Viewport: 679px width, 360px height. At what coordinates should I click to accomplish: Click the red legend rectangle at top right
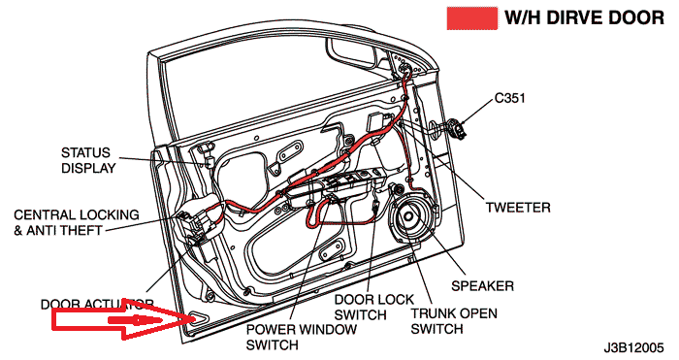point(472,18)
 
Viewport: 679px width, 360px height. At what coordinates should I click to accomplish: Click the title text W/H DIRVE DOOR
point(584,18)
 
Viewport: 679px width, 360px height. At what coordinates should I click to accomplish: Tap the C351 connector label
point(509,98)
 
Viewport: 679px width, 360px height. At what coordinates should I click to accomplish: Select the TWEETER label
point(518,208)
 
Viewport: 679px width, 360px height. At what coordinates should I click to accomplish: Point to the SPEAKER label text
point(482,286)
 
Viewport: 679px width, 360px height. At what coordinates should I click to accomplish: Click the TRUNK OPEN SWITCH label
point(454,321)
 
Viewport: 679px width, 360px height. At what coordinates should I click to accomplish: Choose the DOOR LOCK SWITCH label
point(374,308)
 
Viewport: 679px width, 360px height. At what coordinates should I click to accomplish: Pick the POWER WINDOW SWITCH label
point(302,337)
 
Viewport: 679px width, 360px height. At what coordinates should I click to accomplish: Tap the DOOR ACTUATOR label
point(97,304)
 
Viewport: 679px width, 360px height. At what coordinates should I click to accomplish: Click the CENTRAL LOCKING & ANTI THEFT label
point(77,222)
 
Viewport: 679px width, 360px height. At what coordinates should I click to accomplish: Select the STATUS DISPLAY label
point(89,160)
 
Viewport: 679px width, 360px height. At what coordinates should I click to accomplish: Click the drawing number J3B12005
point(633,347)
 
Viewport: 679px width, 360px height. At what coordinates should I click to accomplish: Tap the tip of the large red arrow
point(196,319)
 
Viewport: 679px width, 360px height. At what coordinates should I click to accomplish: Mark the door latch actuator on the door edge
point(194,225)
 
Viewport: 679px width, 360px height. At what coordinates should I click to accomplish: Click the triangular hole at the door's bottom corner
point(198,319)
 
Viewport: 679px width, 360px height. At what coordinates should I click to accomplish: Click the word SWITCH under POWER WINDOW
point(272,344)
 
